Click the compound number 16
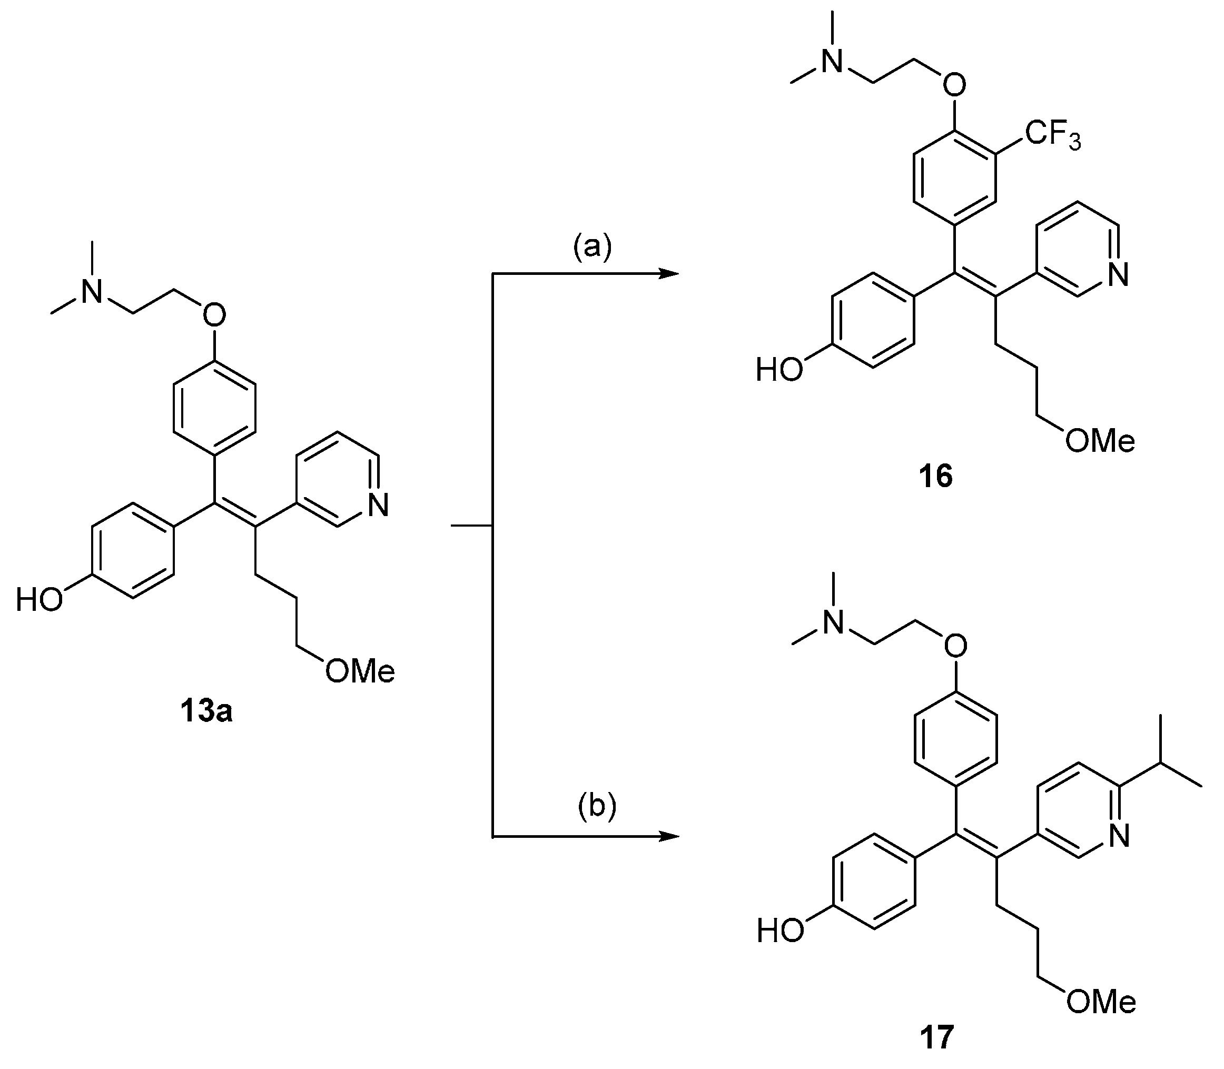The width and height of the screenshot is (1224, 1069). pyautogui.click(x=935, y=477)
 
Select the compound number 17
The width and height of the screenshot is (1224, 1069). pyautogui.click(x=936, y=1037)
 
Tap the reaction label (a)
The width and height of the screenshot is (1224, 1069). pyautogui.click(x=593, y=246)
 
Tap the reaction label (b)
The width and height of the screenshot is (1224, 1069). pyautogui.click(x=597, y=806)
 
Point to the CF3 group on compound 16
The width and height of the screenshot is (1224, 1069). pyautogui.click(x=1053, y=136)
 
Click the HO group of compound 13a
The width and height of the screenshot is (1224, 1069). pyautogui.click(x=40, y=599)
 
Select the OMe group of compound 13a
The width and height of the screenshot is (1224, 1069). pyautogui.click(x=360, y=672)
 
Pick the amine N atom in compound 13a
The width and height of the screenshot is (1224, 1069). pyautogui.click(x=91, y=292)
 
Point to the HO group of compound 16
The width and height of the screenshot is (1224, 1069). pyautogui.click(x=779, y=370)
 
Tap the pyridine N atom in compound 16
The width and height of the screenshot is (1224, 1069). pyautogui.click(x=1117, y=275)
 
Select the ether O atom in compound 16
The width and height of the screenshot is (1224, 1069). pyautogui.click(x=954, y=85)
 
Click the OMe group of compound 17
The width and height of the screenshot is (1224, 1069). pyautogui.click(x=1101, y=1003)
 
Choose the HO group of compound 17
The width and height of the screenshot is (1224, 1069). pyautogui.click(x=780, y=931)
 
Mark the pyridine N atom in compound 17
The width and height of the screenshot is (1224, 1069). pyautogui.click(x=1119, y=836)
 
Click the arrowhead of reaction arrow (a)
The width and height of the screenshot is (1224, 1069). pyautogui.click(x=670, y=274)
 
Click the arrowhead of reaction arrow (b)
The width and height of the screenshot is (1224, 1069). pyautogui.click(x=670, y=836)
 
